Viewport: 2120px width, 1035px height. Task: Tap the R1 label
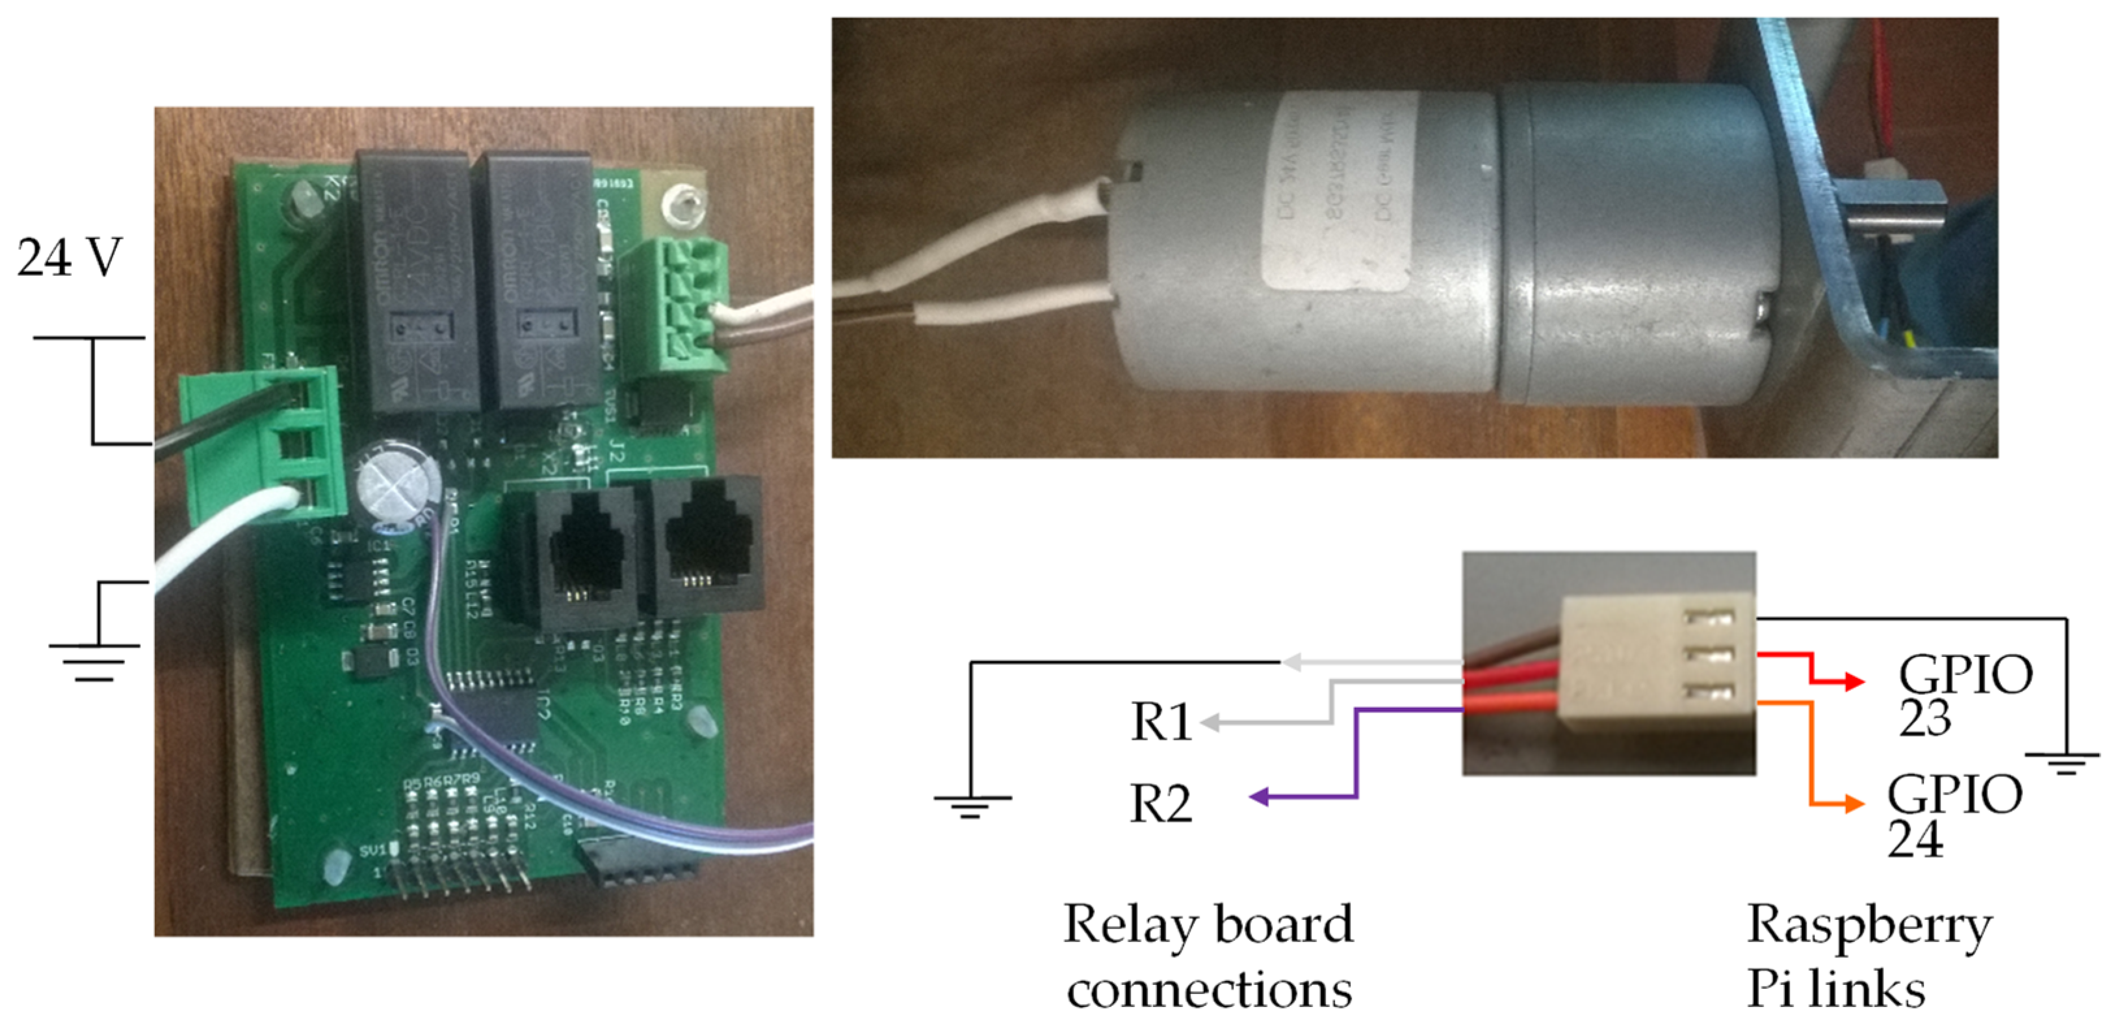(1160, 722)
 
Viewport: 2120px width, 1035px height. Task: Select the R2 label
(1160, 804)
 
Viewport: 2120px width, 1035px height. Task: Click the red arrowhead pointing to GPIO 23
(1855, 681)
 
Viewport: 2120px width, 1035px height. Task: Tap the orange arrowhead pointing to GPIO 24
(1855, 803)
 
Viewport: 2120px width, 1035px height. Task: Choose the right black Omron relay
(537, 280)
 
